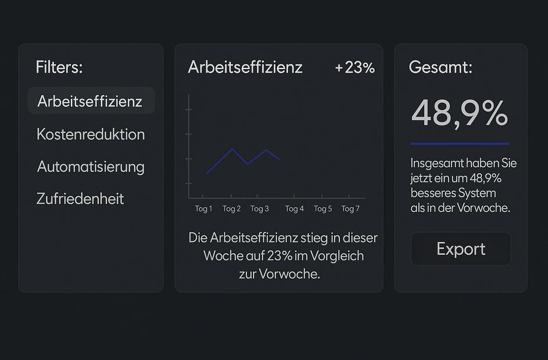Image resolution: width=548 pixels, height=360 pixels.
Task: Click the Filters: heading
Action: point(59,67)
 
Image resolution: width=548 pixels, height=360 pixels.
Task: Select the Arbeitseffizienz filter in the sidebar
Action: point(90,101)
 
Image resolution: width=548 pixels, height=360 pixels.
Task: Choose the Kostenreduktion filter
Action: point(91,134)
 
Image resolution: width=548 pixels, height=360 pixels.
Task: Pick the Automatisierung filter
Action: point(91,167)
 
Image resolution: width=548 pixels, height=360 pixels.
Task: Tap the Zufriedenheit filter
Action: point(80,199)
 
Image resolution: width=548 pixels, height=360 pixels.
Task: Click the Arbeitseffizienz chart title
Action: point(245,67)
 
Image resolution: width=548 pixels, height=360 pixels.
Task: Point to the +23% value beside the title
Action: point(354,67)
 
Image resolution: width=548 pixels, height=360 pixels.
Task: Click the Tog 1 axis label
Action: point(203,209)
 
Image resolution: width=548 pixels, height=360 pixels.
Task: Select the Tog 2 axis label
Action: point(231,209)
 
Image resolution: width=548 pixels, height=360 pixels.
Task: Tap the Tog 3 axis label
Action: point(259,209)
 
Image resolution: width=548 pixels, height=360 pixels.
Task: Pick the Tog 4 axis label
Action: point(294,209)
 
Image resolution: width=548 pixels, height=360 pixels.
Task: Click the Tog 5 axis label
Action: point(323,209)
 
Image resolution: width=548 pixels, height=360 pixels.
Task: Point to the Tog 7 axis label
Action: point(350,209)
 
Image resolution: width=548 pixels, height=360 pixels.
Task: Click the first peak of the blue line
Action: point(232,149)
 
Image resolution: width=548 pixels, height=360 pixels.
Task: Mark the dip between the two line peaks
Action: point(248,164)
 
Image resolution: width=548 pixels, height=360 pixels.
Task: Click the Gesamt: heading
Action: point(440,67)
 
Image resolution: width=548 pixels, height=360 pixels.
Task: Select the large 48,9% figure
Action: point(460,113)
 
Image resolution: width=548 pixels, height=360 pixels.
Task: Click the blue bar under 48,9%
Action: point(460,143)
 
